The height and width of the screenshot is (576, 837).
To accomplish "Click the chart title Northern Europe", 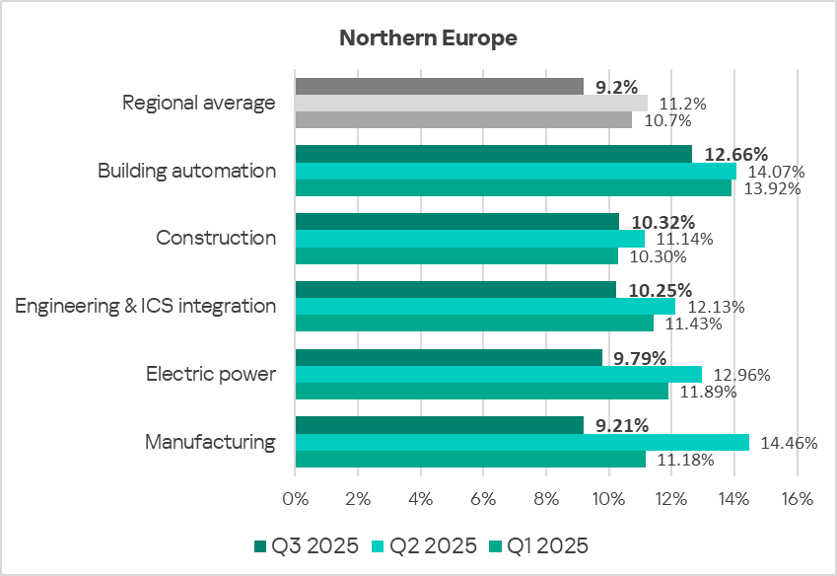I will (428, 38).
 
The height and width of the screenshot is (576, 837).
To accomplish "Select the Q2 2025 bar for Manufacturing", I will (522, 443).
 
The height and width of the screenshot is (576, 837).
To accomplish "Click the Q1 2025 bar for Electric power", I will (481, 392).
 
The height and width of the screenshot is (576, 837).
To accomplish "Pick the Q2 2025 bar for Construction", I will (469, 239).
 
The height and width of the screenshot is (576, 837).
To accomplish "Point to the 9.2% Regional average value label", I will (617, 87).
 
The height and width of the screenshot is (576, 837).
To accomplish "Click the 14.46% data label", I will (786, 443).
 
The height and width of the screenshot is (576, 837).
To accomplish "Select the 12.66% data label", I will (735, 153).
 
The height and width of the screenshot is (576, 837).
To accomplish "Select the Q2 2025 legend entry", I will (423, 545).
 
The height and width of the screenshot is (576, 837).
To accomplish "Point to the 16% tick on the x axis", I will (796, 499).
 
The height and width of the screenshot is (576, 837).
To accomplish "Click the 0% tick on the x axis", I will (296, 499).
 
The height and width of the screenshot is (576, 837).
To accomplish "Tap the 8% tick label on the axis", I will (546, 499).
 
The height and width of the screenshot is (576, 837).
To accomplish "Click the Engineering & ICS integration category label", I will (146, 306).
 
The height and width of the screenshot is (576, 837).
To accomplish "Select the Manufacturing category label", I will (210, 442).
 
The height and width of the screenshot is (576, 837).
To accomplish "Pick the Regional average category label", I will (198, 103).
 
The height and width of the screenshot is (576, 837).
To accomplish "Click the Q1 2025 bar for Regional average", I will (463, 120).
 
